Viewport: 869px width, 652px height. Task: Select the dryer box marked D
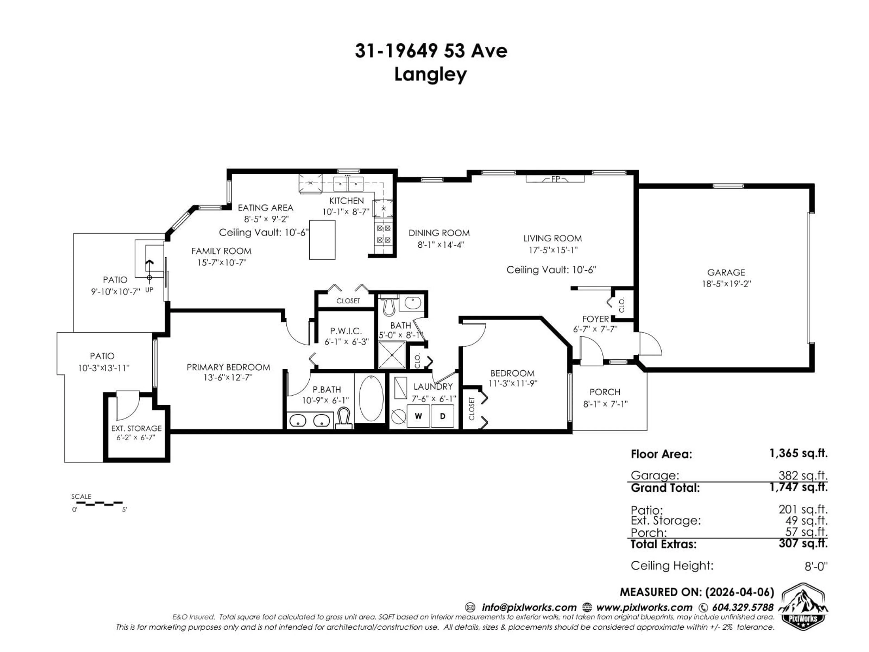[442, 416]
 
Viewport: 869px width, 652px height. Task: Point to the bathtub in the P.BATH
[371, 398]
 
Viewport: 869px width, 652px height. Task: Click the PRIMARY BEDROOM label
[228, 367]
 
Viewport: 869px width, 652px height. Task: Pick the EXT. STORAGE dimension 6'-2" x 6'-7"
[136, 437]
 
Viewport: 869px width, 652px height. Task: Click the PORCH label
[605, 392]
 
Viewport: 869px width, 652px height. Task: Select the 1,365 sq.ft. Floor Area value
[798, 453]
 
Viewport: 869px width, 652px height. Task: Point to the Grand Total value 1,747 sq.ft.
[798, 487]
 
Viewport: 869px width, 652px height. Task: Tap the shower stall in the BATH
[392, 355]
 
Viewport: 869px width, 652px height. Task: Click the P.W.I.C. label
[346, 331]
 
